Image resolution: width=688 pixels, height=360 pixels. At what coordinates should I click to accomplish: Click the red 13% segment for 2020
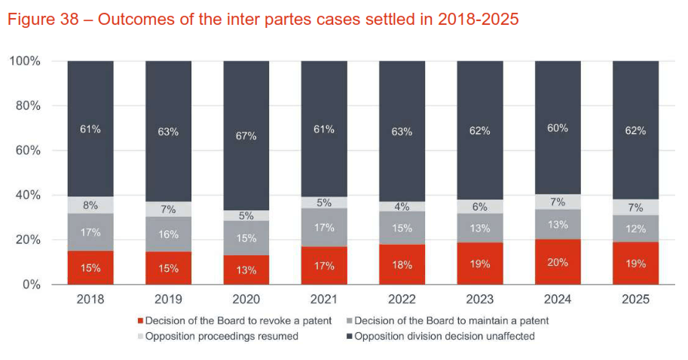click(246, 270)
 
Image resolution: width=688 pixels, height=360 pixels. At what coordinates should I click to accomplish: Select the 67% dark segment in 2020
click(246, 136)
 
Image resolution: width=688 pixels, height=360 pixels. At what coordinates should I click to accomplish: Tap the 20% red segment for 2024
click(558, 262)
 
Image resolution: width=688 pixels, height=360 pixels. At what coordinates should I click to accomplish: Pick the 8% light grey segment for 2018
click(90, 205)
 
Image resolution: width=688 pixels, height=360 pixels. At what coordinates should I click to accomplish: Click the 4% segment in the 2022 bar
click(402, 206)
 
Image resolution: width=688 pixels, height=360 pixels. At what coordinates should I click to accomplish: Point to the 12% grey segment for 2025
click(636, 228)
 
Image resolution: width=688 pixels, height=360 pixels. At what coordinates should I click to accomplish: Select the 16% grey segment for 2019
click(169, 234)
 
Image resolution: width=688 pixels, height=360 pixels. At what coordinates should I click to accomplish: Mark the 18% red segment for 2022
click(402, 264)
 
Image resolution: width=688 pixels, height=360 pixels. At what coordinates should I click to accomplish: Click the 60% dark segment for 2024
click(558, 127)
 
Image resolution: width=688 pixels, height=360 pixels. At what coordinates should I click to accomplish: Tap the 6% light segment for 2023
click(480, 206)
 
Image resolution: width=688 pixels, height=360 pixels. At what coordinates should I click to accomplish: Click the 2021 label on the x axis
click(324, 300)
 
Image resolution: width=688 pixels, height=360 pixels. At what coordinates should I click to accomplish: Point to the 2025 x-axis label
click(636, 300)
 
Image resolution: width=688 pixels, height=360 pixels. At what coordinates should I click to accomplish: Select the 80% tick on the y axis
click(28, 105)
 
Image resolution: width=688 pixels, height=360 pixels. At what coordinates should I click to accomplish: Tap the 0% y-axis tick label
click(32, 285)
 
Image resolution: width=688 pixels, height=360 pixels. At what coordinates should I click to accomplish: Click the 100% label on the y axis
click(25, 61)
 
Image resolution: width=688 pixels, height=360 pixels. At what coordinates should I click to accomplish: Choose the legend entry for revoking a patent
click(234, 321)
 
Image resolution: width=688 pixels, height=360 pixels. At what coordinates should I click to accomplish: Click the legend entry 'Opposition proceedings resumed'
click(218, 337)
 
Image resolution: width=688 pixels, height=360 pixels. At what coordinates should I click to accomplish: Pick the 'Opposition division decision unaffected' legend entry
click(441, 337)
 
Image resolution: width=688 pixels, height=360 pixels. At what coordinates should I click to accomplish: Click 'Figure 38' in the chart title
click(43, 20)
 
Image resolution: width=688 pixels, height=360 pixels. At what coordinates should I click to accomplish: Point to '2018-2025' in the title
click(479, 20)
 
